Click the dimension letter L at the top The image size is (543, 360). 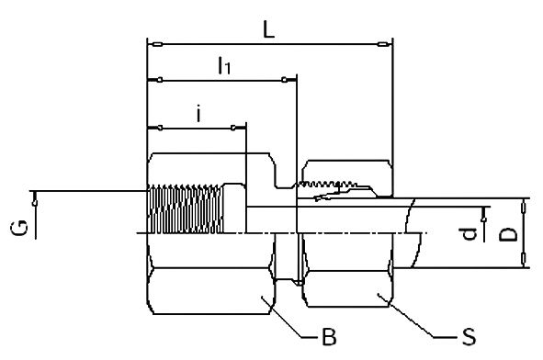pos(267,29)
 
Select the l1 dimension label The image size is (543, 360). pos(223,65)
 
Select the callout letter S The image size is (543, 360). pos(469,337)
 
